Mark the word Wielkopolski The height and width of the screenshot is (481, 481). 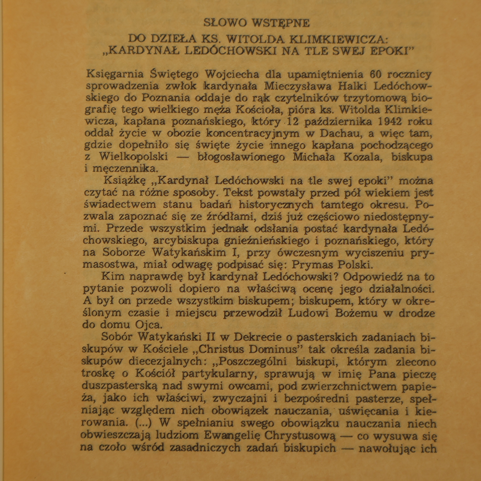(x=133, y=157)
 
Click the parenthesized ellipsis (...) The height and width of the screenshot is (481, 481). (x=141, y=423)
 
